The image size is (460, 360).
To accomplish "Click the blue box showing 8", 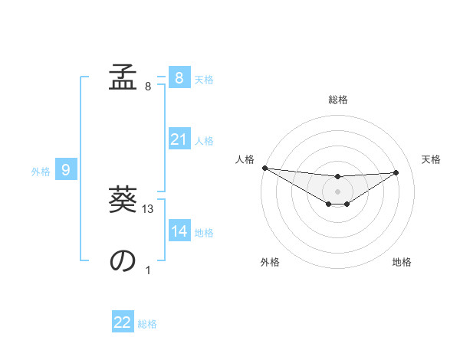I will point(179,77).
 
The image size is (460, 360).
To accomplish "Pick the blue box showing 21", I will point(179,139).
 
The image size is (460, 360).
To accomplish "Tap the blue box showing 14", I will point(179,231).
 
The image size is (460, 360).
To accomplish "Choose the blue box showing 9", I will point(66,170).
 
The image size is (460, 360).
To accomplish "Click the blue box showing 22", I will point(123,322).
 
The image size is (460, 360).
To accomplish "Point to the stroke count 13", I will point(149,209).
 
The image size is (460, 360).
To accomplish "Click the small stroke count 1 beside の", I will point(148,270).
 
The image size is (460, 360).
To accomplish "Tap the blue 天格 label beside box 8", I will point(204,79).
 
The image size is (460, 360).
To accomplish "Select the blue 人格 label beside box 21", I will point(204,141).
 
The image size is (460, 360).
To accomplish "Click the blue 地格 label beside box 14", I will point(204,233).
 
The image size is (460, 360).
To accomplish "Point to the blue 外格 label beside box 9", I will point(41,172).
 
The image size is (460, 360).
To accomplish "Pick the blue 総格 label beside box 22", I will point(147,324).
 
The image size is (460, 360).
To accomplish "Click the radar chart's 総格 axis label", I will point(337,100).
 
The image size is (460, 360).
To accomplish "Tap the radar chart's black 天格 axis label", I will point(431,159).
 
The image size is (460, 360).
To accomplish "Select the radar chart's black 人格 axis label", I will point(245,159).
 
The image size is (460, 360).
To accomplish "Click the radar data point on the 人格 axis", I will point(264,168).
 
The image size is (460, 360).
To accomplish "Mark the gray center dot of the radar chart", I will point(337,191).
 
